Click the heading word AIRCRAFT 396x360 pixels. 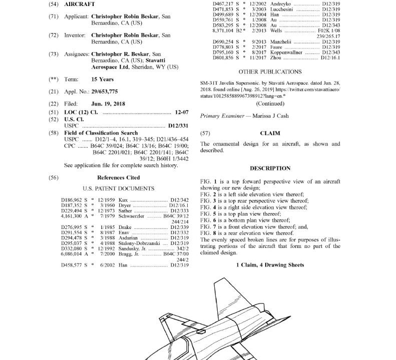point(77,3)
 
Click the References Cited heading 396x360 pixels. point(119,177)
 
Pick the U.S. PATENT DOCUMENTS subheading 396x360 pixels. point(119,188)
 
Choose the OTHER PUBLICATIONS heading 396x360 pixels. point(270,72)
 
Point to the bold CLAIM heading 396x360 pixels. point(270,133)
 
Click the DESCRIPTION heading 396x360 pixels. point(270,168)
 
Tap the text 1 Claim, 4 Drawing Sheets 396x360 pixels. point(270,265)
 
